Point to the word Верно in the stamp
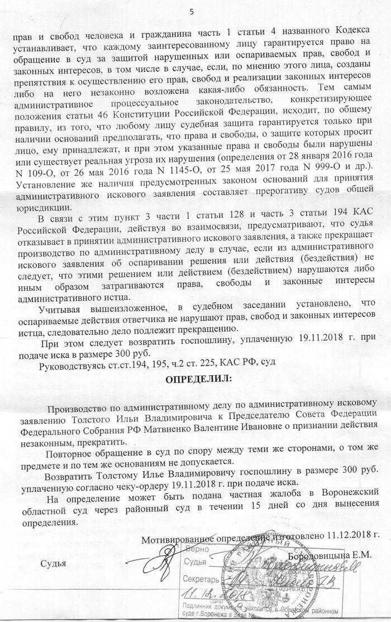pyautogui.click(x=197, y=550)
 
